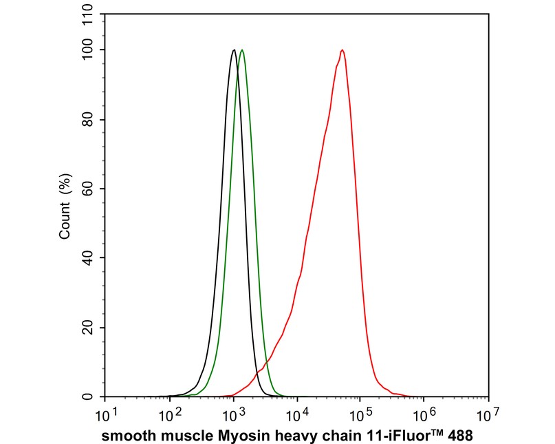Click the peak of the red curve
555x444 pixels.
coord(342,50)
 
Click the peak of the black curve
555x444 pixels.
coord(234,50)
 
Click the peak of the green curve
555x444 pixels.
coord(242,50)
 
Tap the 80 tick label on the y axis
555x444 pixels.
coord(89,120)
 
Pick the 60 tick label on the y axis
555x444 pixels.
coord(89,189)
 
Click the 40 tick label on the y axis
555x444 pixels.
coord(89,258)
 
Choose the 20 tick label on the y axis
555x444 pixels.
coord(89,328)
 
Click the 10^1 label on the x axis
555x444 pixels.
coord(106,415)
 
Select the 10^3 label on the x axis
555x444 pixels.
coord(234,415)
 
